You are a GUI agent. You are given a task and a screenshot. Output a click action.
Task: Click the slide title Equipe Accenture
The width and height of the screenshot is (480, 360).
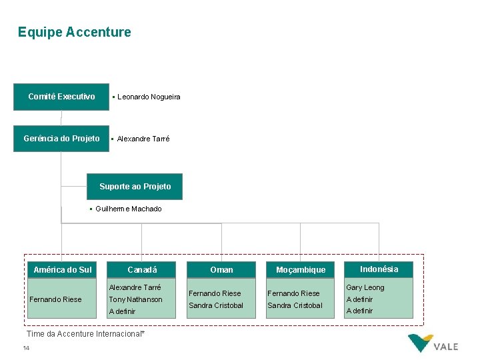click(75, 32)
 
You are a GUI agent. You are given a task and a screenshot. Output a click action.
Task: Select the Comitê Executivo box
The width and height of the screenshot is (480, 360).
click(61, 97)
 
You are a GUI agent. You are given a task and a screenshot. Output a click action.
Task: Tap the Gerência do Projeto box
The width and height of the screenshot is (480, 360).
click(61, 139)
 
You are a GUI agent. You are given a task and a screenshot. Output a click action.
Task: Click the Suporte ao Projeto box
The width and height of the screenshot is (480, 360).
click(135, 187)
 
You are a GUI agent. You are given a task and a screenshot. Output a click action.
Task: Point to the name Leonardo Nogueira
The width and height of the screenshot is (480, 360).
click(149, 97)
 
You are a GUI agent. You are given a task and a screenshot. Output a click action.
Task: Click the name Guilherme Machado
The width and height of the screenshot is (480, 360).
click(129, 209)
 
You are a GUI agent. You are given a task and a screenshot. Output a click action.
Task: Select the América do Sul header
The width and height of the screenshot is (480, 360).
click(63, 270)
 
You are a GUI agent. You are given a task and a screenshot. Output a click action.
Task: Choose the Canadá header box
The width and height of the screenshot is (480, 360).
click(142, 270)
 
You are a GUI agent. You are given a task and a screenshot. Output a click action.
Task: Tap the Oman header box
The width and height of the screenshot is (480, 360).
click(221, 270)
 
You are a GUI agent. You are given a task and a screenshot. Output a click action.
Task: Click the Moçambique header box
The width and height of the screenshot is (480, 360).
click(301, 270)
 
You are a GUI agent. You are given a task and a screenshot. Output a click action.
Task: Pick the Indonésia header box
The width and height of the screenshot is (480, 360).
click(379, 269)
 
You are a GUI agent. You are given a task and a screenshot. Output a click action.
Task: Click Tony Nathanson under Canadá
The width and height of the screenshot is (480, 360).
click(135, 299)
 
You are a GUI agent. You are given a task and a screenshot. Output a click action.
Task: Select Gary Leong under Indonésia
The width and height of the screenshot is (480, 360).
click(365, 288)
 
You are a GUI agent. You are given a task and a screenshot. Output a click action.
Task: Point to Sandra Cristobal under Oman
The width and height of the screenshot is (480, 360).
click(216, 305)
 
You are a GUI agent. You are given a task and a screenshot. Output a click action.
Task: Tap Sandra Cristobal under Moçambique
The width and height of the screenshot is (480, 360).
click(295, 305)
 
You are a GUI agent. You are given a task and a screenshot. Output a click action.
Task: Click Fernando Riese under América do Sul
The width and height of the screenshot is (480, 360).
click(55, 299)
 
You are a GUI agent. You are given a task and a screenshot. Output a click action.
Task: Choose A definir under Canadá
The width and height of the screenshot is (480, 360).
click(122, 311)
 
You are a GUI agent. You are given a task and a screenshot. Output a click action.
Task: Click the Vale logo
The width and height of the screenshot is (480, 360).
click(433, 343)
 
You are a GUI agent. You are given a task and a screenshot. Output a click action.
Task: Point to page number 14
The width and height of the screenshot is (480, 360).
click(26, 348)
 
